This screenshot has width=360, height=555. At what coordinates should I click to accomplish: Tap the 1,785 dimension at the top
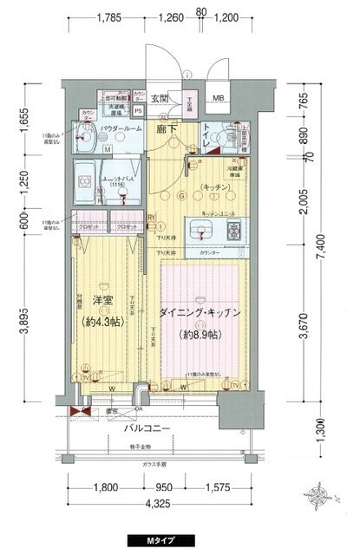108,16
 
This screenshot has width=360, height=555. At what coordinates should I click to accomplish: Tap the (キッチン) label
215,187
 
